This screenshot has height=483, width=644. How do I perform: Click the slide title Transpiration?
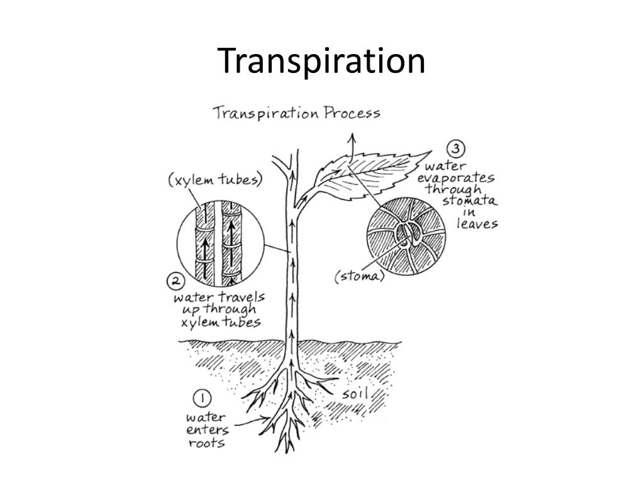point(321,62)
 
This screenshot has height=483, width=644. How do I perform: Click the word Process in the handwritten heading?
point(352,113)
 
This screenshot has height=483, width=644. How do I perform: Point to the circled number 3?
point(456,150)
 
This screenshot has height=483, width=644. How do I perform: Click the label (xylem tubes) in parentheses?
point(215,180)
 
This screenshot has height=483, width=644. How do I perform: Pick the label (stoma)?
point(359,277)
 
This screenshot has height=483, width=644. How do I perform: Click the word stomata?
point(469,201)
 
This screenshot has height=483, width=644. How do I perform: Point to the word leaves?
point(477,224)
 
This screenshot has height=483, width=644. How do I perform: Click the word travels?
point(242,296)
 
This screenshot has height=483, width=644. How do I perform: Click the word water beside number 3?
point(445,167)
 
